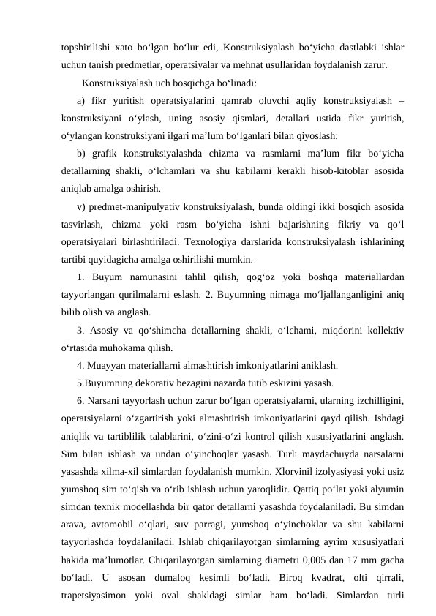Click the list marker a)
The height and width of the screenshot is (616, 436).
tap(80, 99)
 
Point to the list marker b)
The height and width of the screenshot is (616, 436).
tap(80, 152)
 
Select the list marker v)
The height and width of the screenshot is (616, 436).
tap(80, 206)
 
